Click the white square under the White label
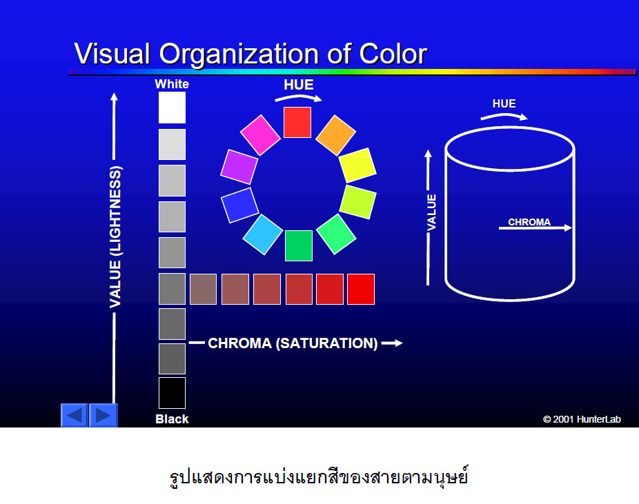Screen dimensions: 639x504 click(x=172, y=108)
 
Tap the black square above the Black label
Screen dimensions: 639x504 click(x=172, y=393)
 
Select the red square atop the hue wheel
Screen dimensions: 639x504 click(x=297, y=122)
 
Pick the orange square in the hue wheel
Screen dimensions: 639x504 click(x=336, y=135)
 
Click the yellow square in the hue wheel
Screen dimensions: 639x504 click(x=357, y=165)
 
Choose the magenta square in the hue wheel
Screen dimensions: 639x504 click(x=260, y=135)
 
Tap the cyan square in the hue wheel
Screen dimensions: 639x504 click(x=263, y=234)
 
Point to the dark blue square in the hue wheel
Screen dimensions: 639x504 click(x=239, y=205)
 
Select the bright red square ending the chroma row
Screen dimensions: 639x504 click(x=361, y=289)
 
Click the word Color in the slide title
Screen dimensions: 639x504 click(x=393, y=54)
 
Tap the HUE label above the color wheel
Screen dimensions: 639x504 click(x=299, y=85)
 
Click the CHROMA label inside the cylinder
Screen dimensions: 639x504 click(x=529, y=222)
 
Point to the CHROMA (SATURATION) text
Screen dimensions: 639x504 click(x=293, y=343)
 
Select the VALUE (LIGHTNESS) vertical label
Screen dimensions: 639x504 click(x=115, y=237)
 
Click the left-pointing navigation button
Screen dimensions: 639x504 click(x=75, y=415)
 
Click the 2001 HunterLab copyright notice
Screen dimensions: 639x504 click(x=582, y=419)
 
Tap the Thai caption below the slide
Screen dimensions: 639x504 click(x=319, y=476)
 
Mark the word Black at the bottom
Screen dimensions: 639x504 click(x=172, y=419)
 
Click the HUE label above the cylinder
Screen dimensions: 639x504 click(x=504, y=103)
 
